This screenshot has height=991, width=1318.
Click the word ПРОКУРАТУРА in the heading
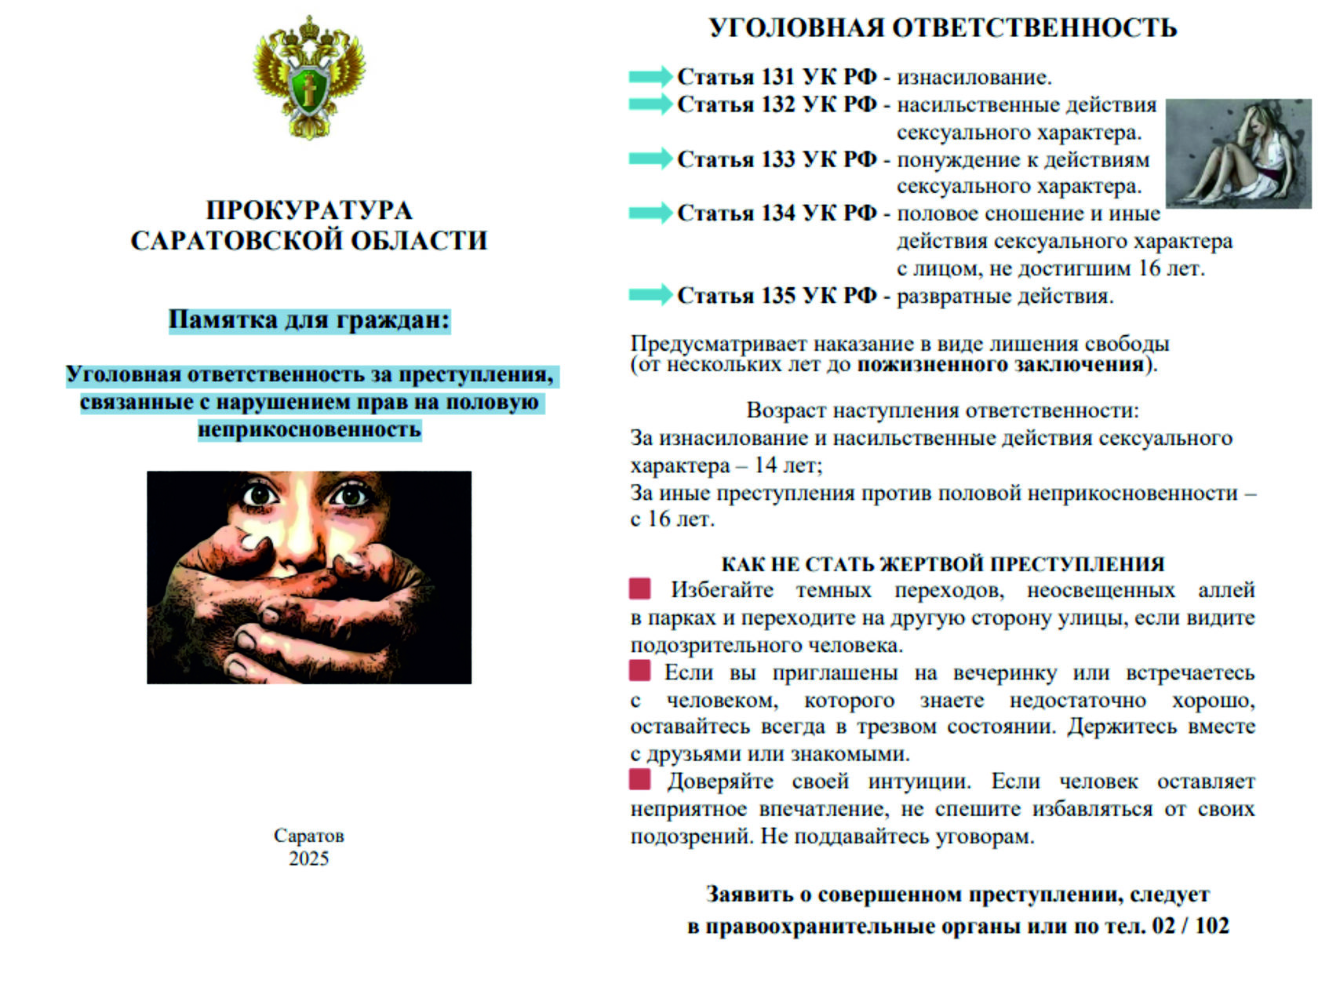309,210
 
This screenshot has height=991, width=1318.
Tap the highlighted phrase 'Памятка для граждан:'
309,320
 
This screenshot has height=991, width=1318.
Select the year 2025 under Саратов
308,858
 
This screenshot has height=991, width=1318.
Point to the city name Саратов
308,836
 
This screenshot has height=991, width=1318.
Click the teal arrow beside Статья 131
650,76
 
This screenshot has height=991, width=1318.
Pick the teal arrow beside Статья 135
650,295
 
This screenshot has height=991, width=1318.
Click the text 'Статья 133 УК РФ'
777,159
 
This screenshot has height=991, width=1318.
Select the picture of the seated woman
1237,152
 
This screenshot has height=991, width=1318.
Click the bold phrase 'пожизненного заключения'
999,365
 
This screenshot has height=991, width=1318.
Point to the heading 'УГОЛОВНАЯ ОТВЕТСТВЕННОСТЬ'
942,28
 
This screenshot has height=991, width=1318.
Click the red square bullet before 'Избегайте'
640,588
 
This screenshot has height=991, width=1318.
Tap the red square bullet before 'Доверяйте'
640,779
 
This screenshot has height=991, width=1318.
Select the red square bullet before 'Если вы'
640,671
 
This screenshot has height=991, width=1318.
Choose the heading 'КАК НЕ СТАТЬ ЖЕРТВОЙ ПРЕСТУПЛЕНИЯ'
942,564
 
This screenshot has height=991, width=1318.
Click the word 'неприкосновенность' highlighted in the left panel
309,430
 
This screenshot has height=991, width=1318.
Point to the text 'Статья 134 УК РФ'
777,213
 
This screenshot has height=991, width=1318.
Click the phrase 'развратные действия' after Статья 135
1004,297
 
